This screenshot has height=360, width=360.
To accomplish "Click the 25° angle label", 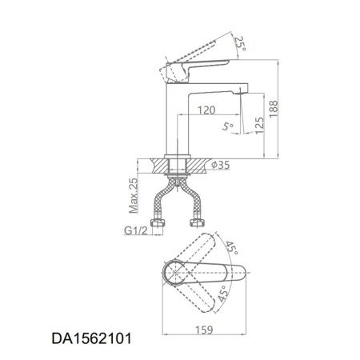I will [x=238, y=42].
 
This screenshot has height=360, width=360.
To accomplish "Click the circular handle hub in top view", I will [x=174, y=275].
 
